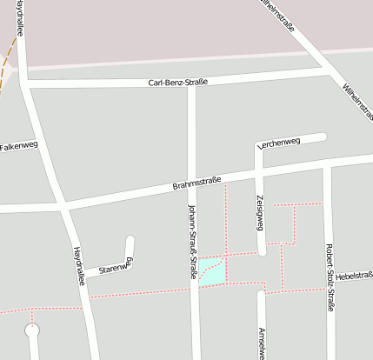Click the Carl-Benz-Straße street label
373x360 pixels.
coord(177,83)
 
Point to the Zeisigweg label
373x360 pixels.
coord(259,212)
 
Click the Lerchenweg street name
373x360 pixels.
coord(279,142)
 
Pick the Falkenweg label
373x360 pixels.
coord(19,146)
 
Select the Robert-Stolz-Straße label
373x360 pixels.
coord(330,277)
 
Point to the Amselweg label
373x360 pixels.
coord(261,343)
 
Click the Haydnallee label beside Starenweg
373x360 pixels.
coord(79,262)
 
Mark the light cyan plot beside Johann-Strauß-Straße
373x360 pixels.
coord(211,271)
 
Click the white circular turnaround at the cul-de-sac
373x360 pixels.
coord(33,330)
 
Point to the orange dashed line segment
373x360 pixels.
coord(9,61)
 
